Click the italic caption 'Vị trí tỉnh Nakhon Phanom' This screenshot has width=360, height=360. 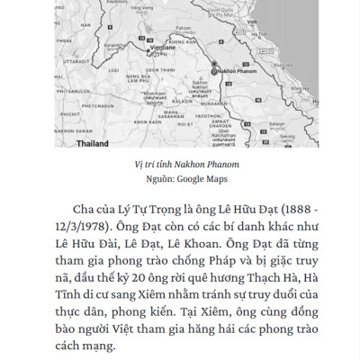click(180, 165)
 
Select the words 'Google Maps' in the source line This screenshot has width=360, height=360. click(202, 178)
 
